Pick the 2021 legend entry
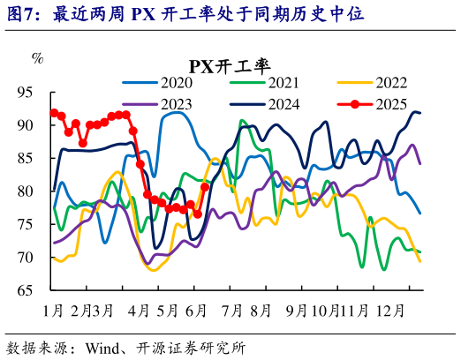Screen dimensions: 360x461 [283, 83]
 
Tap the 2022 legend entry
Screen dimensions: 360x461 [390, 83]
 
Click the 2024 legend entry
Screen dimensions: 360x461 [283, 103]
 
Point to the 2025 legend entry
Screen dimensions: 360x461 [390, 103]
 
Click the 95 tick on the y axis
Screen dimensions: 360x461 [26, 92]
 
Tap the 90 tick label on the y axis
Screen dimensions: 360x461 [26, 124]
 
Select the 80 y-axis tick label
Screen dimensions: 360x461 [26, 191]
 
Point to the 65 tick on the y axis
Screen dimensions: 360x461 [26, 290]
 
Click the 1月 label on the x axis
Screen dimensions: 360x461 [53, 311]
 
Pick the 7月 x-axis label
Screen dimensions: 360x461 [232, 311]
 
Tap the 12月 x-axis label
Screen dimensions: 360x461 [389, 311]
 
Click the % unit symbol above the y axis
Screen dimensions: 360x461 [37, 58]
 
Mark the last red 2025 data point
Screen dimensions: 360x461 [205, 187]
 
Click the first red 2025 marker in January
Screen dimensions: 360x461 [55, 113]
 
